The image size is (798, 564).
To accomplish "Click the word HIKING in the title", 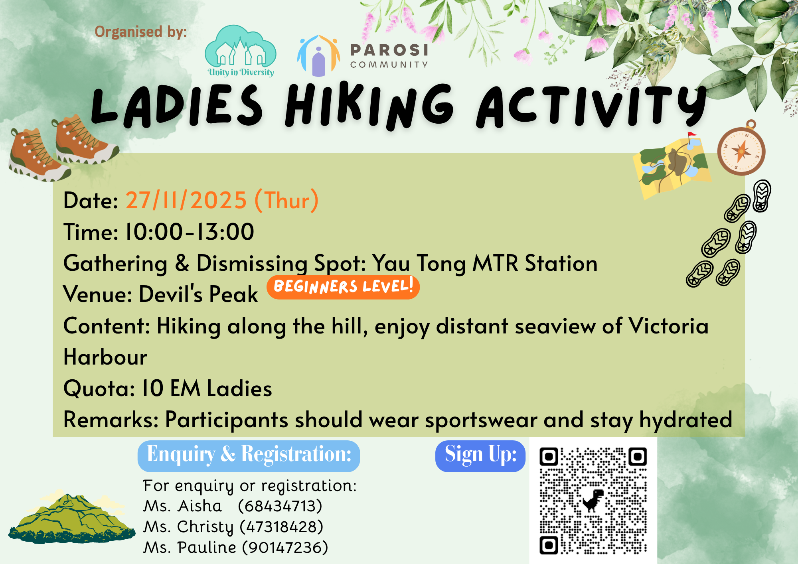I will tap(369, 106).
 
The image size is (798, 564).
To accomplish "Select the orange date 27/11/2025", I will tap(186, 200).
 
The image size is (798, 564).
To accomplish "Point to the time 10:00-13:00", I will tap(190, 232).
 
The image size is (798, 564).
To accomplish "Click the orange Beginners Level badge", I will tap(343, 287).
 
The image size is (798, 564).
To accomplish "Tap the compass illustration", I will tap(741, 151).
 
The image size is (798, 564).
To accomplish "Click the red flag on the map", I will tap(692, 136).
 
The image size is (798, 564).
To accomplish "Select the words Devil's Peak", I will tap(198, 294).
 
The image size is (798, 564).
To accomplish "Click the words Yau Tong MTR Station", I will tap(485, 263).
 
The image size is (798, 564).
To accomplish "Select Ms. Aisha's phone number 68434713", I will tap(280, 506).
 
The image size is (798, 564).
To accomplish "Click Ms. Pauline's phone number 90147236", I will tap(285, 548).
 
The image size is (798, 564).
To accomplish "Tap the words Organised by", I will tap(140, 32).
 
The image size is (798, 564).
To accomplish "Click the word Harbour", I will tap(105, 357).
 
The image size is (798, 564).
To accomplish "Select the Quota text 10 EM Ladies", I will tap(207, 388).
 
